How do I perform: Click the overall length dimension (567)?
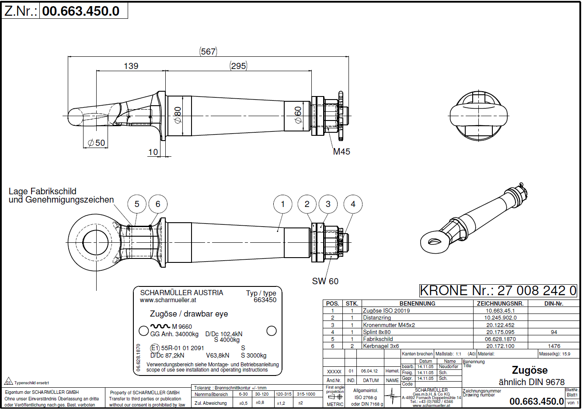pos(208,52)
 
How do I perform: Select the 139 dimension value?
pos(131,66)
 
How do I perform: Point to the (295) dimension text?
pos(238,66)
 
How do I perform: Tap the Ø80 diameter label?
pos(178,114)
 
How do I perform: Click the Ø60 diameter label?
pos(298,114)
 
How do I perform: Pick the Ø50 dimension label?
pos(96,143)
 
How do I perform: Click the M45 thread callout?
pos(342,152)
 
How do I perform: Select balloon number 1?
pos(282,204)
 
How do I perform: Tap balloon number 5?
pos(137,204)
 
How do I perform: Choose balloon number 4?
pos(353,204)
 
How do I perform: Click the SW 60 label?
pos(325,281)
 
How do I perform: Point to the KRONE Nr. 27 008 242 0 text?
pos(498,290)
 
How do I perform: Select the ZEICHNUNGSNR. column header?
pos(500,303)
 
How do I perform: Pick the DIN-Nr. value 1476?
pos(554,346)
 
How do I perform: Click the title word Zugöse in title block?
pos(530,370)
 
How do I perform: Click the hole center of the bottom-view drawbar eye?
pos(96,243)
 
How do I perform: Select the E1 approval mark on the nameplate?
pos(155,348)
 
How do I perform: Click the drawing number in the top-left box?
pos(81,11)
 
